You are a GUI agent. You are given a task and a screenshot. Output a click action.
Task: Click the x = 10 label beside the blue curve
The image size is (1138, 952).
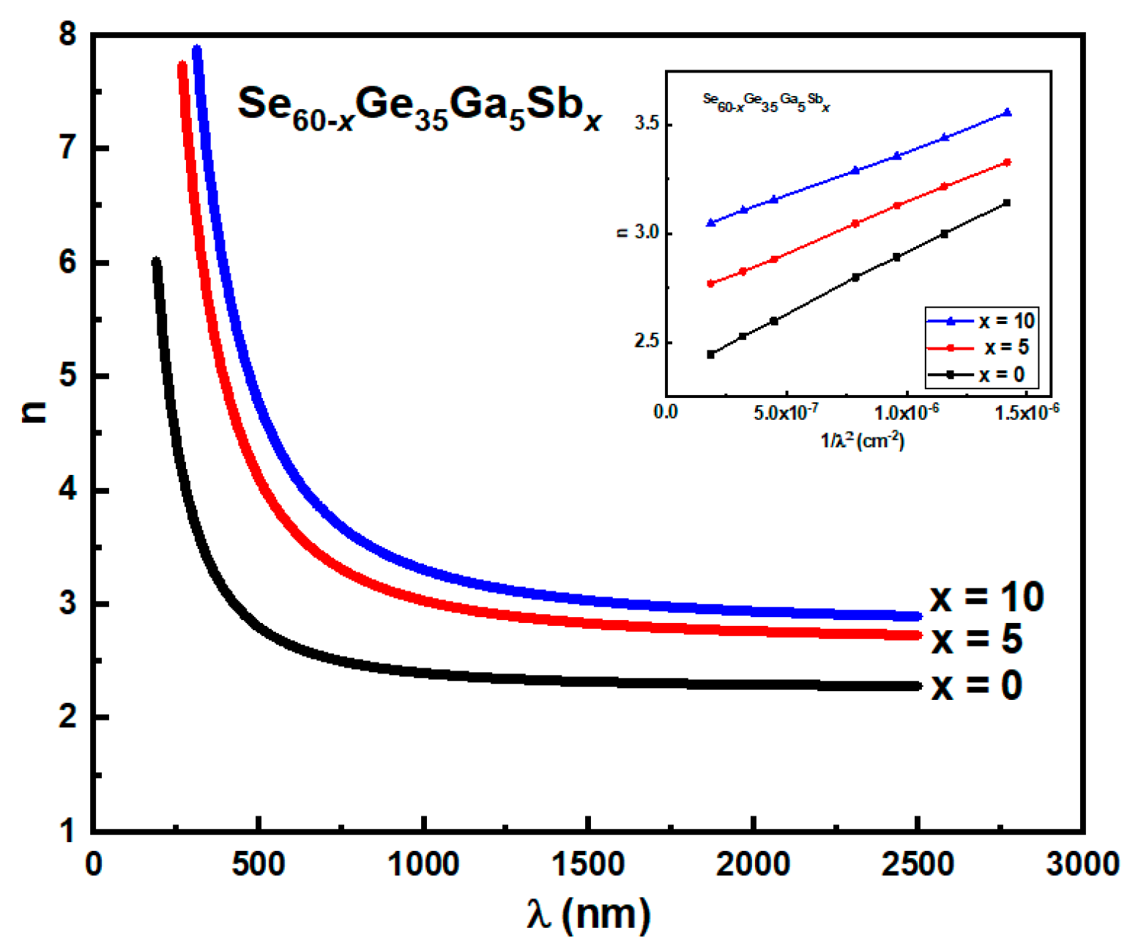pyautogui.click(x=986, y=597)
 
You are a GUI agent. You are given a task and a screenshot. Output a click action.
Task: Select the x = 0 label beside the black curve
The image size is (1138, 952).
pyautogui.click(x=977, y=686)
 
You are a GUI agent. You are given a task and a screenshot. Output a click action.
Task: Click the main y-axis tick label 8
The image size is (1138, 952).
pyautogui.click(x=68, y=34)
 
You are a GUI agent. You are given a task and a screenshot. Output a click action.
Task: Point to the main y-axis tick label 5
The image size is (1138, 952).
pyautogui.click(x=68, y=376)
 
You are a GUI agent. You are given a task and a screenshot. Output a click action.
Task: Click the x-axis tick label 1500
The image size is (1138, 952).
pyautogui.click(x=587, y=864)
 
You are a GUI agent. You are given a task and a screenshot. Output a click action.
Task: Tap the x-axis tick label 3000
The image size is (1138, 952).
pyautogui.click(x=1082, y=864)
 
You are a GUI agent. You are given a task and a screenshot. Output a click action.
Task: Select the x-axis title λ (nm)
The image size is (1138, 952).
pyautogui.click(x=588, y=914)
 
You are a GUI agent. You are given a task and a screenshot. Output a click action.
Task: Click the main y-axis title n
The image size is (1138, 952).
pyautogui.click(x=34, y=413)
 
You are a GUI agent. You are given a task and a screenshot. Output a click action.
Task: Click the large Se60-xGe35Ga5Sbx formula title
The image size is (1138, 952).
pyautogui.click(x=419, y=107)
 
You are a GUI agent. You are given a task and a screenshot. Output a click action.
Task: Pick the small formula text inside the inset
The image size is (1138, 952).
pyautogui.click(x=766, y=102)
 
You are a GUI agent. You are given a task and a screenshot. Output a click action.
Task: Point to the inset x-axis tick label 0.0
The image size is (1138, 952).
pyautogui.click(x=665, y=412)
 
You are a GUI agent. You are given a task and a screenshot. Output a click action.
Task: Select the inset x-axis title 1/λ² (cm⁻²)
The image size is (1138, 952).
pyautogui.click(x=862, y=440)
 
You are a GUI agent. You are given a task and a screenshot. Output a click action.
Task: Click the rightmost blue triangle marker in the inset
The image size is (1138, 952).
pyautogui.click(x=1008, y=112)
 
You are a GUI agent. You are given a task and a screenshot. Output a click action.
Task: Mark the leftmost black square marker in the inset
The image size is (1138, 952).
pyautogui.click(x=710, y=355)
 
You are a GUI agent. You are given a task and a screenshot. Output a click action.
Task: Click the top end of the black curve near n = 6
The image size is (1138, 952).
pyautogui.click(x=156, y=262)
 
